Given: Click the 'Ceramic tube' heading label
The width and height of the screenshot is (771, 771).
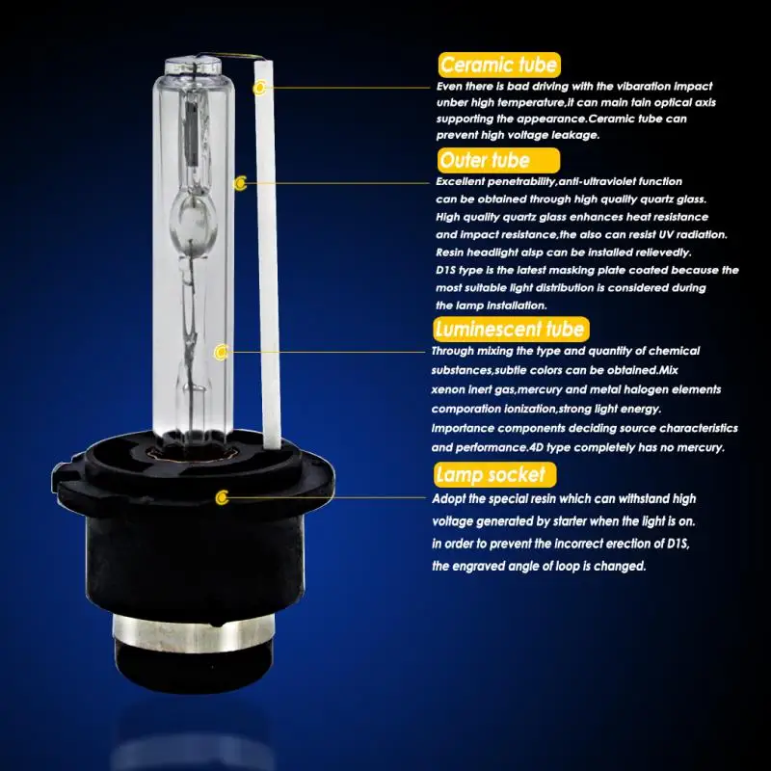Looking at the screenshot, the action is click(x=499, y=65).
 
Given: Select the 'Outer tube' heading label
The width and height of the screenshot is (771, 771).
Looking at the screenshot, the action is click(x=498, y=160).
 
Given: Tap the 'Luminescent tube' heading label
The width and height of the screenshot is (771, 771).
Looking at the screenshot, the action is click(x=511, y=329).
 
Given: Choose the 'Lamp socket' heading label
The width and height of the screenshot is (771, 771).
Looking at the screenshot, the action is click(x=494, y=474).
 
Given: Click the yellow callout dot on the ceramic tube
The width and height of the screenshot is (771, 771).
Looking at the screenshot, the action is click(x=259, y=88).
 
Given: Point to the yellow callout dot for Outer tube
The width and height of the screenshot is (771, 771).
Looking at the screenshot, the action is click(x=240, y=183).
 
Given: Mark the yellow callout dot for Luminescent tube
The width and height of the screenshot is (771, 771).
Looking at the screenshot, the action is click(x=222, y=352).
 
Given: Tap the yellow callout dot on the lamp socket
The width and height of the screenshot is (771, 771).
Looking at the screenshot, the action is click(x=223, y=497).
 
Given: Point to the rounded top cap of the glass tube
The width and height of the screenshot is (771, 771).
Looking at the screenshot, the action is click(x=192, y=66).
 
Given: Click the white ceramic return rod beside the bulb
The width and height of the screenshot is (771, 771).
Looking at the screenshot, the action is click(x=268, y=254).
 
